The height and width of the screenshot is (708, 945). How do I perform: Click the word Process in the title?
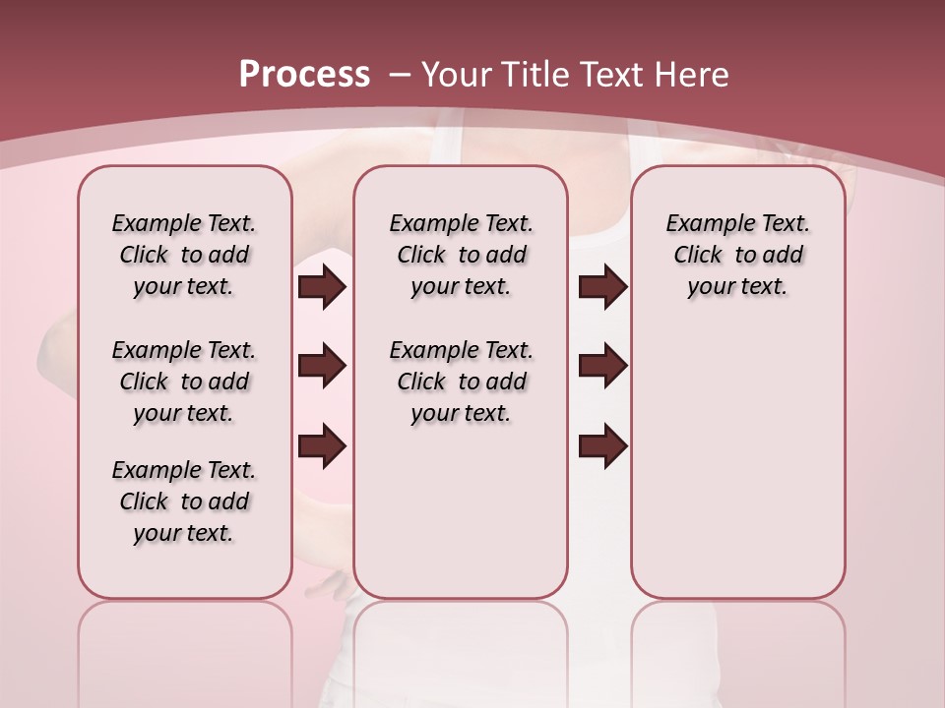[304, 75]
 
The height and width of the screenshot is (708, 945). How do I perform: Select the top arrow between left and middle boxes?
[322, 286]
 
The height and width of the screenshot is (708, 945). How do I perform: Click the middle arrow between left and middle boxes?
[322, 366]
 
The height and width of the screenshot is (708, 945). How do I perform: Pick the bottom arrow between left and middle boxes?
[322, 446]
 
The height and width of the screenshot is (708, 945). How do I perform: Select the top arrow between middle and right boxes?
[602, 286]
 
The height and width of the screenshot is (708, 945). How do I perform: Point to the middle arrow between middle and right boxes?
[602, 366]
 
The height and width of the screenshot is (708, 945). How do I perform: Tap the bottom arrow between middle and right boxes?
[602, 446]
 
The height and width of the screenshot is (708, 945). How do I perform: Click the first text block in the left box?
[184, 255]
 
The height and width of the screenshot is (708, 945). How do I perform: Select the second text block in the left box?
[184, 382]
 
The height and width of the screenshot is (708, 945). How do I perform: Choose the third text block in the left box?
[184, 501]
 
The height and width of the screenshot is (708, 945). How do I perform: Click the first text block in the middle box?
[461, 255]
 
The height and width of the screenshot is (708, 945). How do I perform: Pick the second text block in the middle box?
[461, 382]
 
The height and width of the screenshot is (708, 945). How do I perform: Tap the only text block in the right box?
[737, 255]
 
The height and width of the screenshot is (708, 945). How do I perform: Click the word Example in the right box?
[703, 224]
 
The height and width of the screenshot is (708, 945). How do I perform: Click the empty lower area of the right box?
[737, 472]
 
